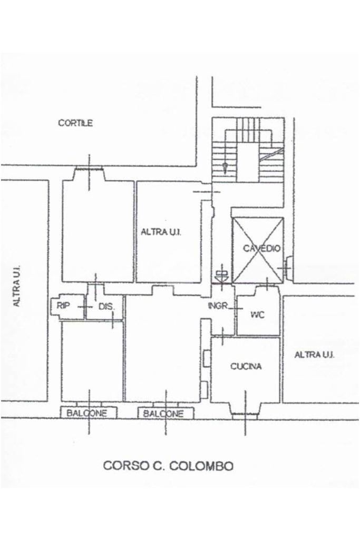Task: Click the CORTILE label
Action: (75, 123)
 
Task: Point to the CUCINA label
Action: (246, 367)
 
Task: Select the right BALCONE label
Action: (164, 414)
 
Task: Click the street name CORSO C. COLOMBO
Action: (168, 466)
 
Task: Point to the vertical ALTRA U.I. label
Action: (17, 285)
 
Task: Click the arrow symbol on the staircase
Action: (225, 168)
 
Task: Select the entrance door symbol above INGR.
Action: (221, 274)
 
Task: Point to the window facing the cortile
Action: (88, 169)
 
